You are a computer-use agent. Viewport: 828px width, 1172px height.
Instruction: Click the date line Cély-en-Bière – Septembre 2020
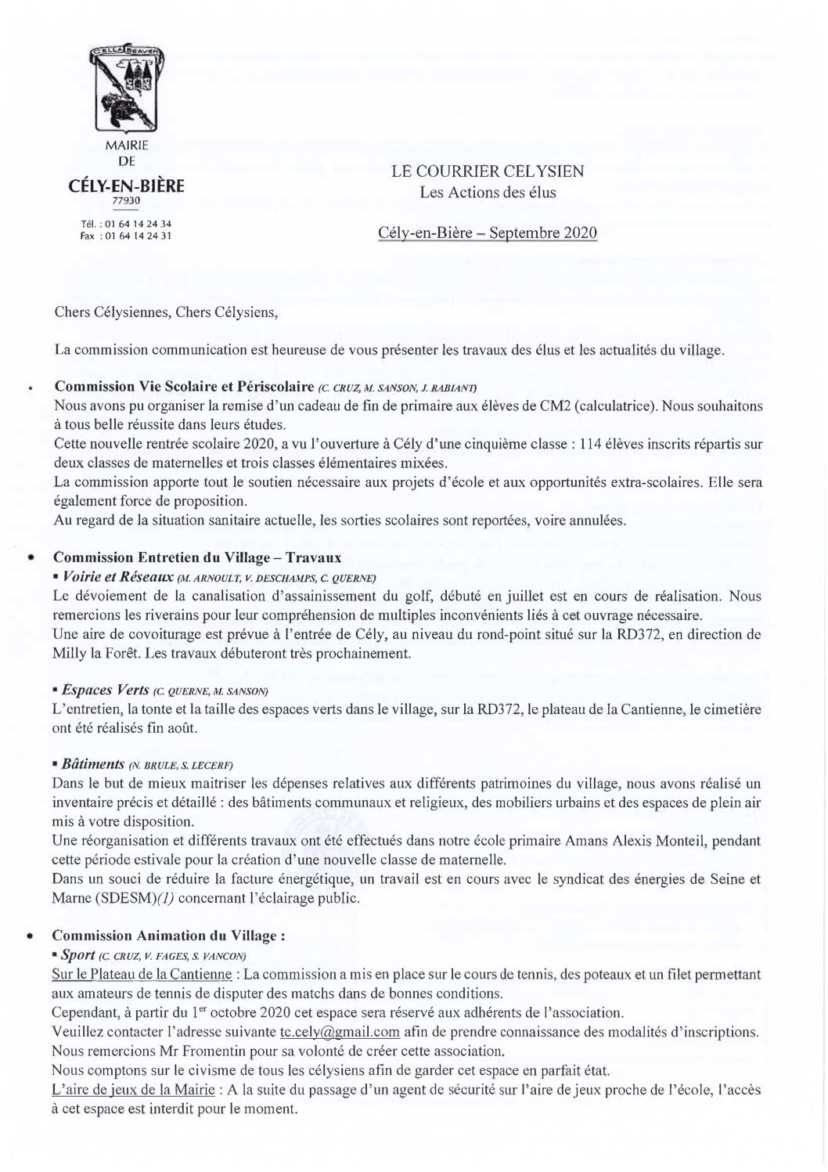(488, 233)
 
